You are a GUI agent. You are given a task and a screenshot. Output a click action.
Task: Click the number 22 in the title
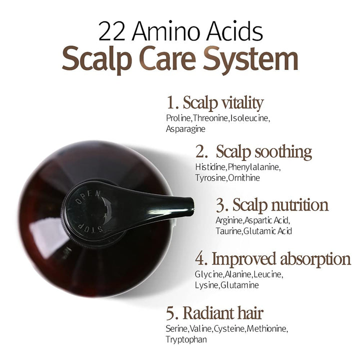[x=112, y=31]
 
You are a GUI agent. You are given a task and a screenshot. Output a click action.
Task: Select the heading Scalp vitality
[x=223, y=103]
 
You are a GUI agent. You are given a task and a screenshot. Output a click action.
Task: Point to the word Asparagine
[x=185, y=129]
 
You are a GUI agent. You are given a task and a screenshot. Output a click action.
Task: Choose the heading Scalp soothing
[x=264, y=152]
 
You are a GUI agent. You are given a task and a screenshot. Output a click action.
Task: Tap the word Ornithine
[x=244, y=178]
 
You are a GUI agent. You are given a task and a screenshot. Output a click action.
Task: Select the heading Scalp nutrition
[x=280, y=205]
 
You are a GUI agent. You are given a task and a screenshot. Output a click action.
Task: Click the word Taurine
[x=228, y=231]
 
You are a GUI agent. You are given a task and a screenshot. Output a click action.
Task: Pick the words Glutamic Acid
[x=267, y=231]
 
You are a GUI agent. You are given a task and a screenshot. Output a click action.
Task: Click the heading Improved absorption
[x=281, y=259]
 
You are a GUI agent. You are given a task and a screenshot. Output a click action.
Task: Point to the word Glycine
[x=209, y=274]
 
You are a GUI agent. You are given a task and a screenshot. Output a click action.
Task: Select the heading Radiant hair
[x=223, y=313]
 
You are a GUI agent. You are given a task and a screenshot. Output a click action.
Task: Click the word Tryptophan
[x=186, y=339]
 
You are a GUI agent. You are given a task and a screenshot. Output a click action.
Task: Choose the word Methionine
[x=267, y=329]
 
